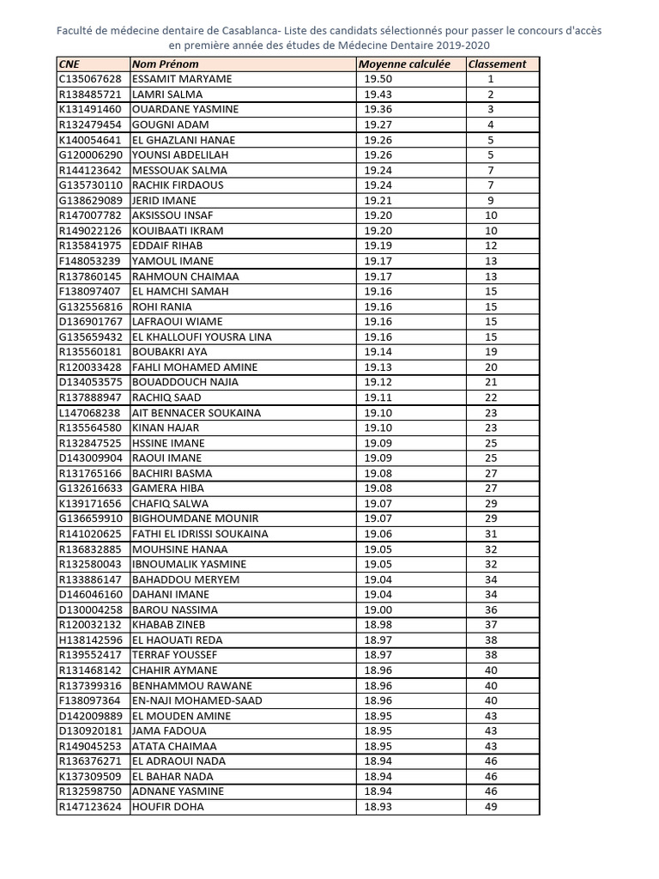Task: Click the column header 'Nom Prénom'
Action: (x=165, y=64)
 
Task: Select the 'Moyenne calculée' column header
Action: (x=403, y=64)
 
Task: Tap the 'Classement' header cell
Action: (x=497, y=64)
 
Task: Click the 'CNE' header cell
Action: (x=69, y=64)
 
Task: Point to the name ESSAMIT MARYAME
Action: (x=182, y=79)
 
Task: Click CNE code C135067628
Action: (x=90, y=79)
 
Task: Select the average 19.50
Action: (x=378, y=79)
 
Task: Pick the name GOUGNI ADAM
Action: (x=171, y=124)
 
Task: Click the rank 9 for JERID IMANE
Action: (x=491, y=200)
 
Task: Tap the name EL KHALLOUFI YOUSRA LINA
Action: (x=202, y=336)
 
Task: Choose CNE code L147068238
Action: (x=90, y=413)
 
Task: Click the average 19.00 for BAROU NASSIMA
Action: (x=378, y=609)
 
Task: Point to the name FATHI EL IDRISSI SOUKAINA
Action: (x=200, y=534)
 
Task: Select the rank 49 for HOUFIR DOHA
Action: (x=491, y=807)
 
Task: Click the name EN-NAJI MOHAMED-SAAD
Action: (x=197, y=700)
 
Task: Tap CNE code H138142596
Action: (x=90, y=640)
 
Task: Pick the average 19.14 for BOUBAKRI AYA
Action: (x=378, y=352)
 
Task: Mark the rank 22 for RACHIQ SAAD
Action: (x=491, y=397)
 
